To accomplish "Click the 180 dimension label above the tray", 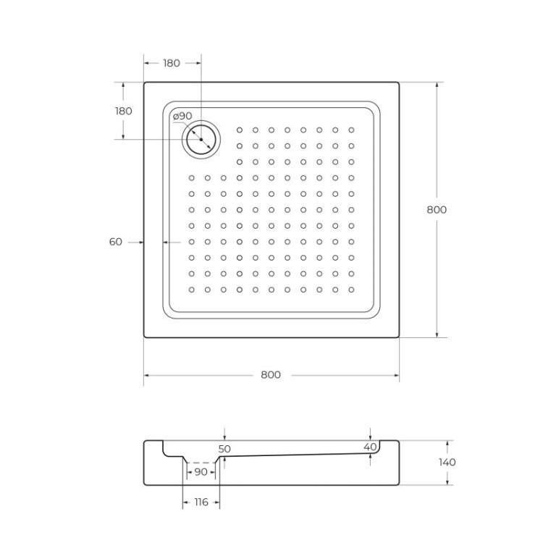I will (171, 63).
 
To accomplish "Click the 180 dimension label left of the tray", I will (123, 111).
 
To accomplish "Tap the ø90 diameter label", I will (182, 116).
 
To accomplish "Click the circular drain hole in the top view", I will (201, 138).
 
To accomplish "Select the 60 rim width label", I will (116, 242).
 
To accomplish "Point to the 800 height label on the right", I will (437, 209).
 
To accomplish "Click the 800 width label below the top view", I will (270, 374).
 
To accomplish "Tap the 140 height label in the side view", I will (447, 462).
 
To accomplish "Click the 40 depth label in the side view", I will (370, 447).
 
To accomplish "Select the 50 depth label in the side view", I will (224, 449).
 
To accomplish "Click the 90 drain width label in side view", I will (201, 472).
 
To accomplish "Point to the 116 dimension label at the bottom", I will (201, 502).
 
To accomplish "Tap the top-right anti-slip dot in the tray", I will (351, 130).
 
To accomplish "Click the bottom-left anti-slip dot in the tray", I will (192, 289).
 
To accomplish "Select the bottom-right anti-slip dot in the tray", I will (351, 289).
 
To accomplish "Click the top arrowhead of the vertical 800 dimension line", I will (437, 85).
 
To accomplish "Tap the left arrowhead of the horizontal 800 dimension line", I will (147, 375).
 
